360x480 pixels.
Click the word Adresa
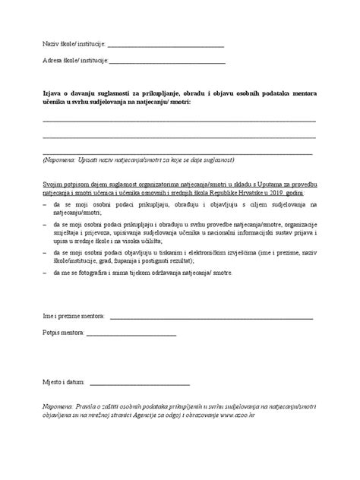(x=52, y=60)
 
